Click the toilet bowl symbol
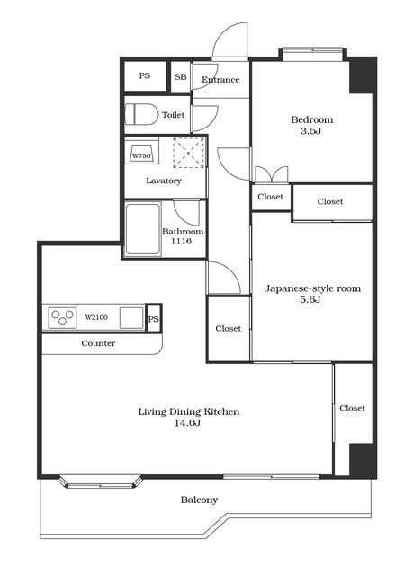tap(141, 114)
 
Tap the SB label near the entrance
tap(180, 77)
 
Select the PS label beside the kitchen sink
tap(154, 319)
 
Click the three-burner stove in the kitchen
tap(62, 317)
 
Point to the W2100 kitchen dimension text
tap(96, 317)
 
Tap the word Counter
tap(98, 343)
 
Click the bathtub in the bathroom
tap(143, 229)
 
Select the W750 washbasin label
tap(141, 155)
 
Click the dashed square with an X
tap(188, 153)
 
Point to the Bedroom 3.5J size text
tap(311, 131)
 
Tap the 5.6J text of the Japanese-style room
tap(310, 299)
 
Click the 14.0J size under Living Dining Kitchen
tap(187, 423)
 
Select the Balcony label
tap(199, 500)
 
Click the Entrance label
tap(220, 80)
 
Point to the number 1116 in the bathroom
tap(182, 241)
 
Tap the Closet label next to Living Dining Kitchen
tap(352, 408)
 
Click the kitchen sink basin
tap(131, 318)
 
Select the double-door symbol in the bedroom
tap(272, 174)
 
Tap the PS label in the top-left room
tap(145, 75)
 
